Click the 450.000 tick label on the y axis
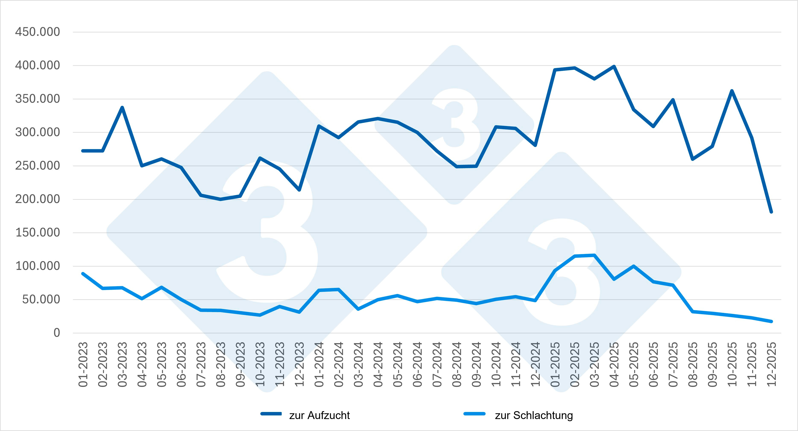tap(38, 32)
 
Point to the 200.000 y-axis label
tap(38, 199)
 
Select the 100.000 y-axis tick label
tap(38, 266)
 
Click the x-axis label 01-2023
tap(83, 364)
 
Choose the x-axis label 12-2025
tap(771, 364)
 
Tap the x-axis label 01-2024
tap(319, 364)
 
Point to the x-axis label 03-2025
tap(594, 364)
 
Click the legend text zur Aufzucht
tap(319, 415)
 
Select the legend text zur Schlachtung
tap(534, 415)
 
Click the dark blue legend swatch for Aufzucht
tap(271, 414)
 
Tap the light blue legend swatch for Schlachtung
tap(474, 414)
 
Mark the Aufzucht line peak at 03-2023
tap(122, 107)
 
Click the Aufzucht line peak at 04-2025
tap(614, 66)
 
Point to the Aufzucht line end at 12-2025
tap(771, 212)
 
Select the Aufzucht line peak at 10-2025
tap(732, 91)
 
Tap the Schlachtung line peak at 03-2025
tap(594, 255)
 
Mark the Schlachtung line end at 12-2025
tap(771, 321)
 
